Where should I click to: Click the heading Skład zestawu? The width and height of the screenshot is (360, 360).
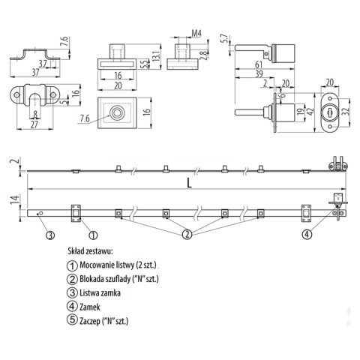coord(89,253)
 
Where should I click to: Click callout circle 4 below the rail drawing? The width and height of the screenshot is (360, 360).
coord(307,235)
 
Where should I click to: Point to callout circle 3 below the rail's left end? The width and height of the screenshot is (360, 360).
coord(50,235)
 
